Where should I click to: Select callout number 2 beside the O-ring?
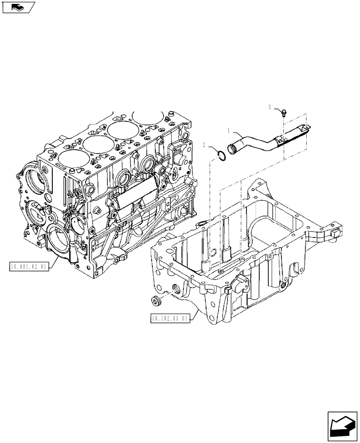tap(204, 145)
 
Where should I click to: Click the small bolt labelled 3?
tap(283, 113)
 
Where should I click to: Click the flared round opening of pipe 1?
tap(233, 148)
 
